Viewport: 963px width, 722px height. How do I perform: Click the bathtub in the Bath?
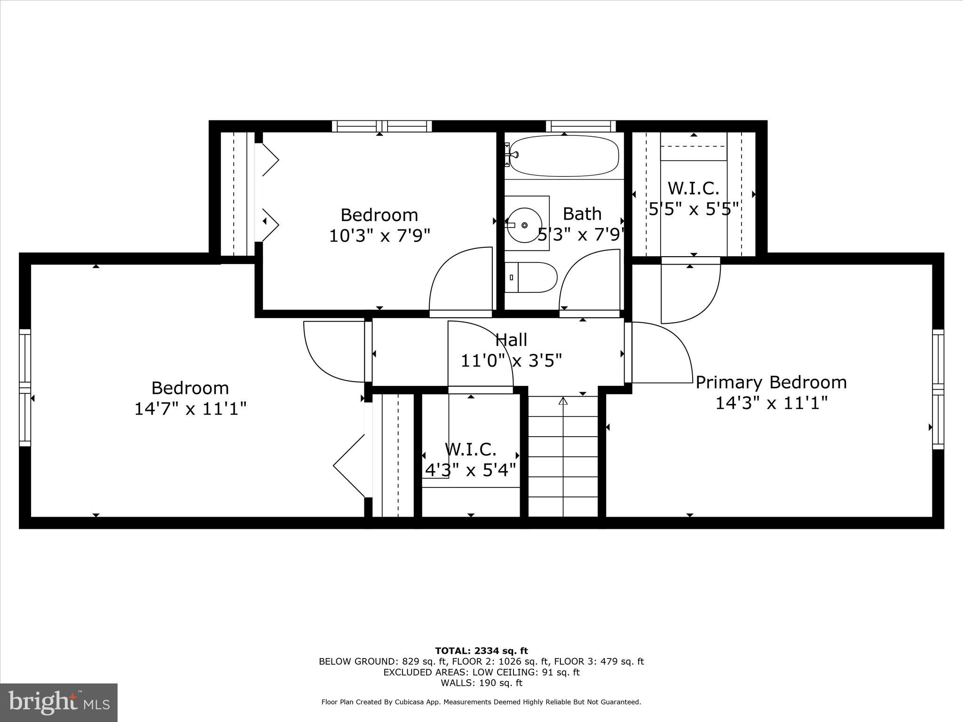tap(563, 156)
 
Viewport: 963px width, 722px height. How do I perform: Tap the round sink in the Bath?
tap(524, 225)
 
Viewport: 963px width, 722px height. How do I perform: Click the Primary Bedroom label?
tap(771, 382)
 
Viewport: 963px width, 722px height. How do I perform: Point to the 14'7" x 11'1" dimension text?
tap(190, 408)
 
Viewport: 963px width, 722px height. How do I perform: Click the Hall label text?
tap(512, 339)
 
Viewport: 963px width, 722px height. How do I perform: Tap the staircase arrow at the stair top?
tap(563, 401)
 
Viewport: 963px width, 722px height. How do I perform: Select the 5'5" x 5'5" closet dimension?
tap(694, 208)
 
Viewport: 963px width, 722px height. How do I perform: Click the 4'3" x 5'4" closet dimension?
tap(471, 470)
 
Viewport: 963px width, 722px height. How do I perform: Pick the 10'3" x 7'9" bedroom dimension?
tap(379, 235)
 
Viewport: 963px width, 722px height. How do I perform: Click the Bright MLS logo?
tap(59, 702)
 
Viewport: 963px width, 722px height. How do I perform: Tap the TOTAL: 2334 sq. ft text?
tap(481, 651)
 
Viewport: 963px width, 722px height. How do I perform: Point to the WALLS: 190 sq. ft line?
tap(481, 683)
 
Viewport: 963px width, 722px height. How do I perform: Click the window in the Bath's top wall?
tap(581, 126)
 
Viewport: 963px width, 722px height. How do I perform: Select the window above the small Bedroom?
tap(382, 126)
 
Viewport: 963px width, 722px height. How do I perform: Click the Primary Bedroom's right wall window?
tap(938, 389)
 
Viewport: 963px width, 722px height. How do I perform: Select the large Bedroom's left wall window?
tap(25, 387)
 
